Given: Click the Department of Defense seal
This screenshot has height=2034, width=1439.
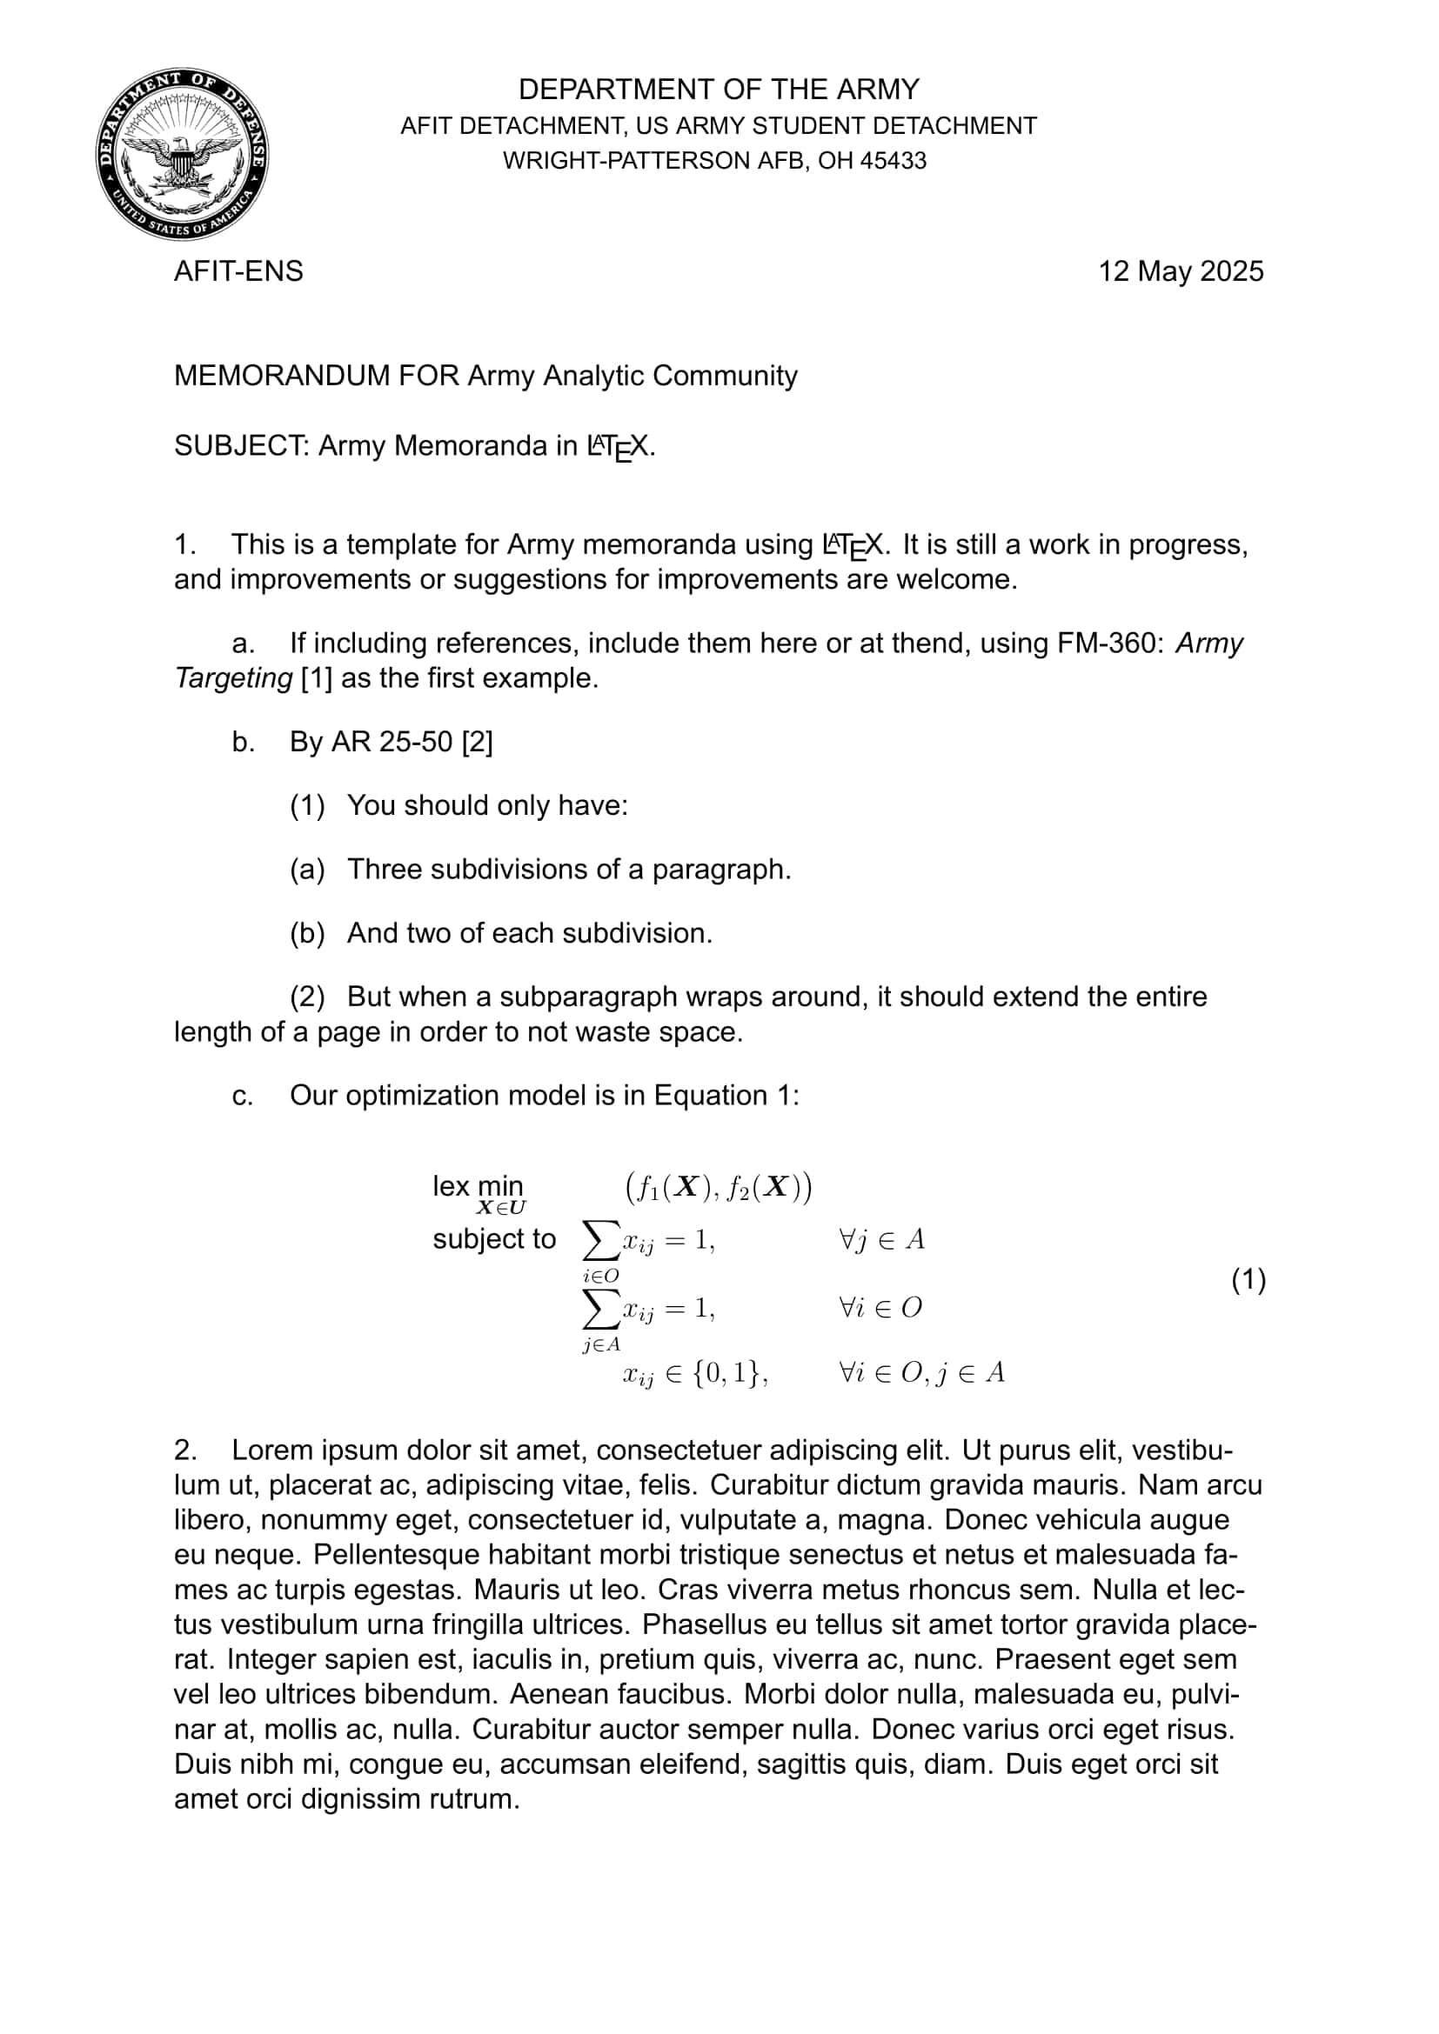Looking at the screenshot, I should pyautogui.click(x=183, y=154).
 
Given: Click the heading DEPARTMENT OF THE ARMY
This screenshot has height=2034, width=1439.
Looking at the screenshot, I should pyautogui.click(x=719, y=90).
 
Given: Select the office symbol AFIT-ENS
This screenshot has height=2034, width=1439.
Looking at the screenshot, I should pyautogui.click(x=238, y=271).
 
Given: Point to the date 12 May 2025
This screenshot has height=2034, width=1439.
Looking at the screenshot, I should pyautogui.click(x=1181, y=271).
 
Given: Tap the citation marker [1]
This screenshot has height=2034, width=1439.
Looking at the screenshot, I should pyautogui.click(x=317, y=677).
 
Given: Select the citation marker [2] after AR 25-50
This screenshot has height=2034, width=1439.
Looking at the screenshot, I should pyautogui.click(x=478, y=742).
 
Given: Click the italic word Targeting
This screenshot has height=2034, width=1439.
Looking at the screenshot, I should pyautogui.click(x=233, y=677).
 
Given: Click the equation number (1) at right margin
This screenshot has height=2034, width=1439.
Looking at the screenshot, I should pyautogui.click(x=1248, y=1280).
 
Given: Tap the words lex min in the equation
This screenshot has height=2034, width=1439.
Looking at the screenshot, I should pyautogui.click(x=478, y=1185).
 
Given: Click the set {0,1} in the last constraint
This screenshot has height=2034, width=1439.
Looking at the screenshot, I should pyautogui.click(x=726, y=1372).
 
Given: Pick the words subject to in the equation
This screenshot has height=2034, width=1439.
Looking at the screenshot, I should pyautogui.click(x=493, y=1239).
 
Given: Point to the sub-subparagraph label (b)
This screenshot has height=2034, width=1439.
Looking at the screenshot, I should pyautogui.click(x=307, y=933).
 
